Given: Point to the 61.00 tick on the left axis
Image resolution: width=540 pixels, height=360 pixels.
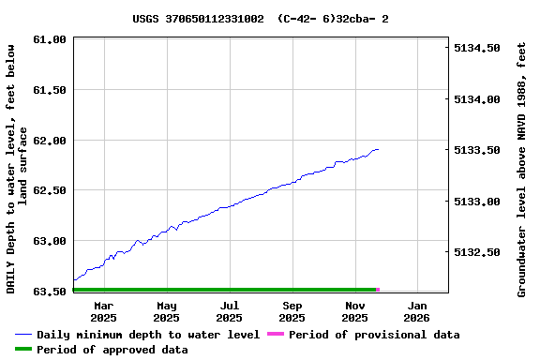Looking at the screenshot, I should (49, 39).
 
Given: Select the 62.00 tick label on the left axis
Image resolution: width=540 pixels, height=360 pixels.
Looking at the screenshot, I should (49, 141).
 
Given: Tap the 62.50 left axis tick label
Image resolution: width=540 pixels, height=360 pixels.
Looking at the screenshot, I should (49, 190).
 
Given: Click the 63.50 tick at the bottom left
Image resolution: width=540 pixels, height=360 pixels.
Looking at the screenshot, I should (49, 292).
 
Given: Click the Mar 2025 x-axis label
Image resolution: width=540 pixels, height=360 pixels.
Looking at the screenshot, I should (104, 311).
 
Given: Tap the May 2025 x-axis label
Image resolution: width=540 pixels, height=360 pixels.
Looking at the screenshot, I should (167, 311).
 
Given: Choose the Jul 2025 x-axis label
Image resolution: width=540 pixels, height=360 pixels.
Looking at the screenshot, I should (230, 311).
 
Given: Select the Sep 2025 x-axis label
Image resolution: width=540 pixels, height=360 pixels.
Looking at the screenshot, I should (292, 311).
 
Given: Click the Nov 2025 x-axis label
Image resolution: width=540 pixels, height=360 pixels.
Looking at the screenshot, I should (355, 311).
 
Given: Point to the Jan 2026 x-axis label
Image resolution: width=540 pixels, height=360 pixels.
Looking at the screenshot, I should (417, 311).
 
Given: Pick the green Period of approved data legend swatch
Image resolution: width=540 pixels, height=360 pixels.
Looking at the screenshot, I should (23, 350).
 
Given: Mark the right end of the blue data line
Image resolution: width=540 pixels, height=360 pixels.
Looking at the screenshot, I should (378, 149).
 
